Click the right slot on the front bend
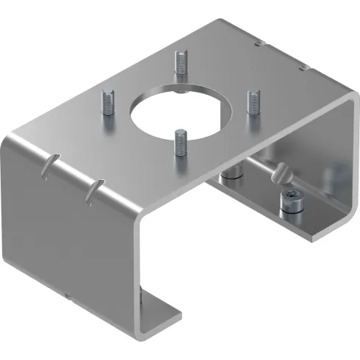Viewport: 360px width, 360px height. pos(91,190)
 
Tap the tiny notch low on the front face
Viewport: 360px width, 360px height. pos(67,297)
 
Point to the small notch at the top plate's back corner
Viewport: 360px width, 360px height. pos(257,43)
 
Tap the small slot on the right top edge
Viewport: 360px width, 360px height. pos(302,68)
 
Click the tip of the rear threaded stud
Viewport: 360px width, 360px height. pos(179,53)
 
